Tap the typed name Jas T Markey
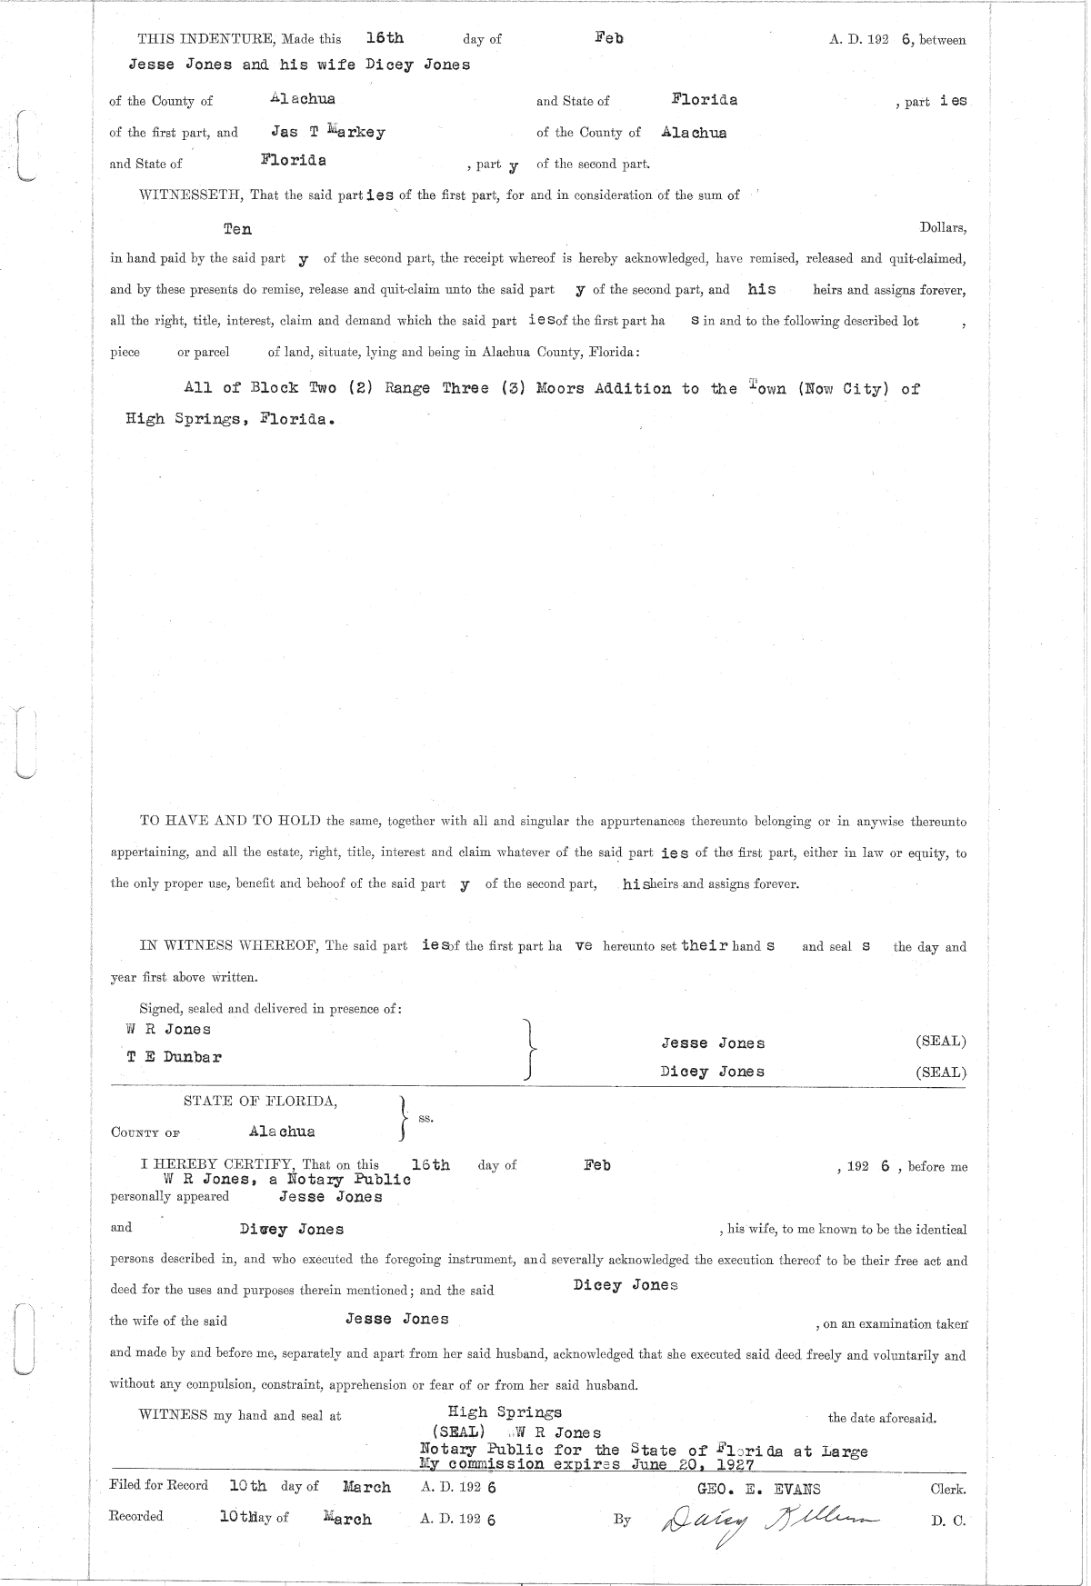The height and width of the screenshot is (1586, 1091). pos(328,132)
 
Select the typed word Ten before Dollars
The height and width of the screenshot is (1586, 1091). pos(237,229)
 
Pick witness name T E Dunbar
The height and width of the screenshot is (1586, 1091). pos(173,1057)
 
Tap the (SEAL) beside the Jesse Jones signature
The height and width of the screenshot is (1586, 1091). pos(941,1042)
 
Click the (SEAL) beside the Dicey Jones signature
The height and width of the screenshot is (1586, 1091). pos(941,1072)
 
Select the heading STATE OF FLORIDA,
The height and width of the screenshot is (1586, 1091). pos(261,1102)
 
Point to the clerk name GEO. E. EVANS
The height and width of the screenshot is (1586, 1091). pos(758,1489)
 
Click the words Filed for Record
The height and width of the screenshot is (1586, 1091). pos(158,1485)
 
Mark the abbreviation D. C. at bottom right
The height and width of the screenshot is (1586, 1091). pos(947,1521)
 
